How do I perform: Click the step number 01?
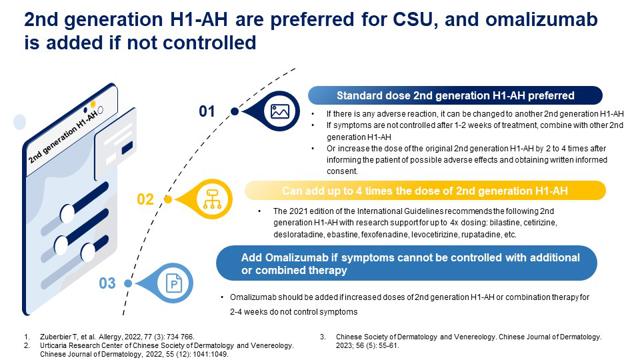pos(207,111)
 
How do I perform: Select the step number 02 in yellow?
pos(145,199)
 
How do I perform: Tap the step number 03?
pos(107,283)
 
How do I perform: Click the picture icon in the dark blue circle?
pos(279,111)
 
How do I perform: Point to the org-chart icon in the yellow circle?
pos(212,199)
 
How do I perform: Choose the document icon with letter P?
pos(174,283)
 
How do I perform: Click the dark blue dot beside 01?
pos(235,111)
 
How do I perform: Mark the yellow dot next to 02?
pos(168,199)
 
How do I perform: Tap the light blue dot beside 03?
pos(128,283)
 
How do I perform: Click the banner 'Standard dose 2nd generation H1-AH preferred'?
pos(455,95)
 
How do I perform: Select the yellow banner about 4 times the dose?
pos(425,191)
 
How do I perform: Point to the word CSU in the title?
pos(412,19)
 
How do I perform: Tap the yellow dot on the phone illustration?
pos(93,104)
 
